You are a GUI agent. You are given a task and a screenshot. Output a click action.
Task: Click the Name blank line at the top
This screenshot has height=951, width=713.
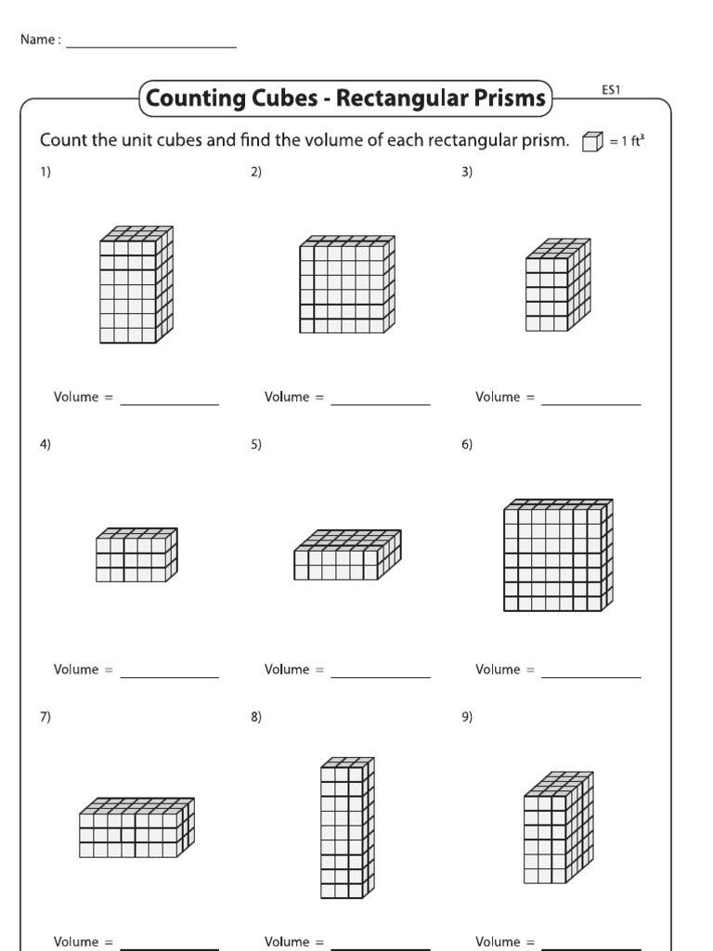(x=150, y=46)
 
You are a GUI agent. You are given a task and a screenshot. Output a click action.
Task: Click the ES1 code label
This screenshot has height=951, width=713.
(x=611, y=90)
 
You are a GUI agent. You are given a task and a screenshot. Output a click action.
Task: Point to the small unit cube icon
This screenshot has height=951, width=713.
(x=590, y=142)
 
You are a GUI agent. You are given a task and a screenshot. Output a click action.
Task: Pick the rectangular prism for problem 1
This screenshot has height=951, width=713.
(x=136, y=284)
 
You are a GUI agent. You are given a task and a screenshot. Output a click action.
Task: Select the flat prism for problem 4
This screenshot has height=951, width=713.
(x=136, y=555)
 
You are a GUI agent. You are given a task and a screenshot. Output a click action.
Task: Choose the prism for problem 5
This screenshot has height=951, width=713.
(x=347, y=555)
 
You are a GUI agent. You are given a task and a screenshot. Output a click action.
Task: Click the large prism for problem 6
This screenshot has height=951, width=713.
(x=558, y=554)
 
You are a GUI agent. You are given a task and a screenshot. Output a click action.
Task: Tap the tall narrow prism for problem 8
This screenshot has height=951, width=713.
(x=347, y=827)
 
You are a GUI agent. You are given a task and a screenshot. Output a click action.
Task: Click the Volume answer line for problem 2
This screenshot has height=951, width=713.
(x=381, y=404)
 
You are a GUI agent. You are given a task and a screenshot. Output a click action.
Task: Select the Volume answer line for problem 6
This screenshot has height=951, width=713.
(x=591, y=676)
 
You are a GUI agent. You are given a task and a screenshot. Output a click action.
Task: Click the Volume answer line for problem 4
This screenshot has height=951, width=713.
(x=170, y=676)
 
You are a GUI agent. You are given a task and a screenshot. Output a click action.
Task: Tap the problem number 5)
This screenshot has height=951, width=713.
(x=255, y=444)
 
